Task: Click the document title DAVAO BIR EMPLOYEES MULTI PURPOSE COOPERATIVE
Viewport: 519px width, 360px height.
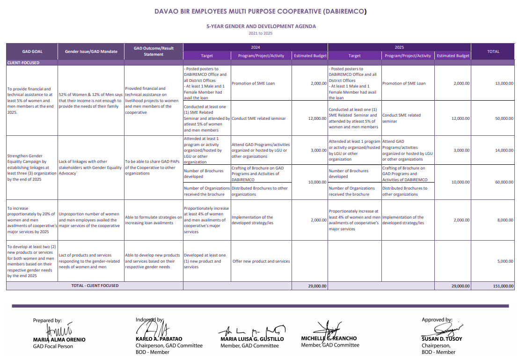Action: click(260, 11)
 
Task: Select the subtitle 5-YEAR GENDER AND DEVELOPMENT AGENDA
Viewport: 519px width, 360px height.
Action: click(261, 26)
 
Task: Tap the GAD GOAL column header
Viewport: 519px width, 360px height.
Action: click(32, 51)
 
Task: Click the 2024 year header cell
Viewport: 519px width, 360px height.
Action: click(255, 47)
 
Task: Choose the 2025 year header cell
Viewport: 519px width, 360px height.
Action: click(399, 47)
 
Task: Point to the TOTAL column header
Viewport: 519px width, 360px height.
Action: click(493, 51)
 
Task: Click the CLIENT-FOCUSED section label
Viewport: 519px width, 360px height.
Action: click(23, 62)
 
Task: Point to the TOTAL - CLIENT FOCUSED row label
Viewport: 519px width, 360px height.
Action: click(95, 286)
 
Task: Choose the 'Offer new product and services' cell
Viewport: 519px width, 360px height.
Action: click(261, 261)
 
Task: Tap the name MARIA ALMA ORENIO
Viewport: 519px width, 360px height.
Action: click(59, 339)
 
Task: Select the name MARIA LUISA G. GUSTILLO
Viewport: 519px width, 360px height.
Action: click(252, 339)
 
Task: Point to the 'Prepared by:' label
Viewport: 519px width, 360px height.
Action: click(47, 321)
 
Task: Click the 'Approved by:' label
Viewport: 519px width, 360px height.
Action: click(437, 320)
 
